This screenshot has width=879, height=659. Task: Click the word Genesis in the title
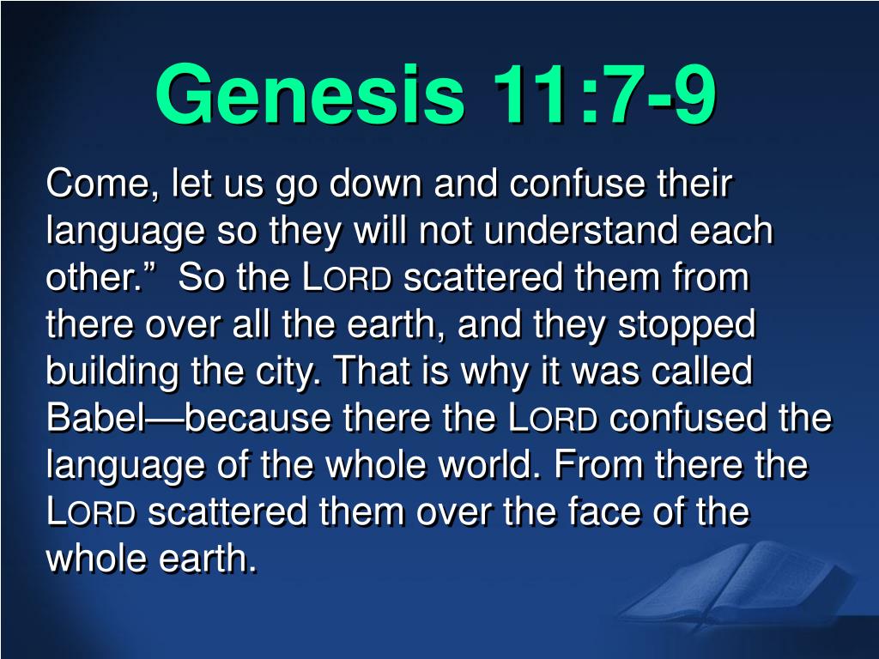tap(310, 95)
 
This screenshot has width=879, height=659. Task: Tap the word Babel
tap(96, 418)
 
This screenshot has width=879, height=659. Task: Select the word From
tap(598, 465)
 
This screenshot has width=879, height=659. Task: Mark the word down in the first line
tap(375, 184)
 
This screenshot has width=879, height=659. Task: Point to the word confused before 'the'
tap(688, 418)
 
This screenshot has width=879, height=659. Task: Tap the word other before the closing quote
tap(89, 277)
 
